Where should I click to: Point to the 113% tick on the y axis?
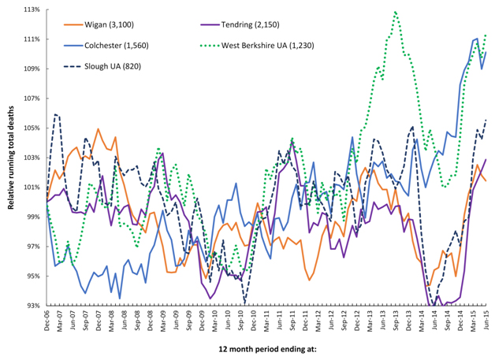[x=32, y=10]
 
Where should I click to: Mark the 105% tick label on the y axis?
[x=32, y=128]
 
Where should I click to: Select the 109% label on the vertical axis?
[x=32, y=69]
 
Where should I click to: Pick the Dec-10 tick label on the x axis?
[x=254, y=321]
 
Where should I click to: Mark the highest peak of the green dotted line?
[x=394, y=12]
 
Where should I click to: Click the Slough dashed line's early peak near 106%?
[x=56, y=114]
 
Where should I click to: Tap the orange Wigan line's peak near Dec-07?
[x=99, y=129]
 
